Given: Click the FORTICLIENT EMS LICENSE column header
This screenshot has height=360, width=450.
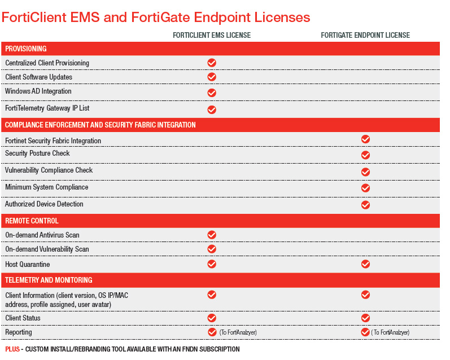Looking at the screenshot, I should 212,35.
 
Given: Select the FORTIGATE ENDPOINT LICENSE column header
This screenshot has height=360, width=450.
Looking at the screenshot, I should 365,35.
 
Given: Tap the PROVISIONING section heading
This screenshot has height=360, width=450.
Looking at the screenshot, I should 26,49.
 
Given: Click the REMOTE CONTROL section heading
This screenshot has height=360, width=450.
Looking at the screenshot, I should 32,221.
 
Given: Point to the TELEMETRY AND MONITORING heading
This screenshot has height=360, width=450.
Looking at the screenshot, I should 49,280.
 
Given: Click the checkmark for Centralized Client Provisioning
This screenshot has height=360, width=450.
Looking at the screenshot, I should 212,63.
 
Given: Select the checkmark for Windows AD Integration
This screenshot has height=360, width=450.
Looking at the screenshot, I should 212,93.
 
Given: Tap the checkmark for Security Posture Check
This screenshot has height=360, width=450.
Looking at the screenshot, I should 365,155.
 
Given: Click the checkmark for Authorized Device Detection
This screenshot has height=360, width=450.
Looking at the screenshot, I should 365,205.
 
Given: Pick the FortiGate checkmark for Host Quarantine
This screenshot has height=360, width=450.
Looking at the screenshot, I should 365,264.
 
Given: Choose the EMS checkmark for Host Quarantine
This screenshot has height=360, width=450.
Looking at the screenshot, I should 212,264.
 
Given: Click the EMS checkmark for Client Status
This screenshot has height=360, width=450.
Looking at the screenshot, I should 212,318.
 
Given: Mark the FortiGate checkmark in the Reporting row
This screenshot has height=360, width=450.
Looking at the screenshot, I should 365,332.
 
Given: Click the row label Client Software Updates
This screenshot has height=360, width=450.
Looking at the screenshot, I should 38,77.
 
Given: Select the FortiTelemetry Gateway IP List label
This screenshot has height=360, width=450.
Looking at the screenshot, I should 47,108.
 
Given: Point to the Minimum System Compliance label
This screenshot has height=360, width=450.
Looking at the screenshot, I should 46,187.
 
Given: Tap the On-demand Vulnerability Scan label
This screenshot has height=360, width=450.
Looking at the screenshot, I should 47,249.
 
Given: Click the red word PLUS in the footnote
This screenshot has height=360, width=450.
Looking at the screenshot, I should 12,349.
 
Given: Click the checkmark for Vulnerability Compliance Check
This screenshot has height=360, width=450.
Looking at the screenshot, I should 365,172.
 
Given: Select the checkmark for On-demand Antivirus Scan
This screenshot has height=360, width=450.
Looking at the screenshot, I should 212,235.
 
